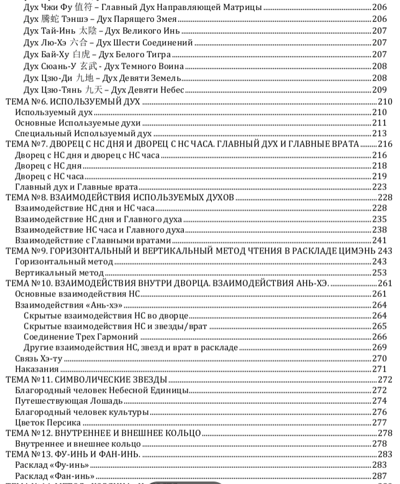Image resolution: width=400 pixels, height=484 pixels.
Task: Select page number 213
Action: [380, 134]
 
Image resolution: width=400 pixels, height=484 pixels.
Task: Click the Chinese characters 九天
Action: [95, 89]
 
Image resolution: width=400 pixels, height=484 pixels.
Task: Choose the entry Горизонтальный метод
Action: [64, 262]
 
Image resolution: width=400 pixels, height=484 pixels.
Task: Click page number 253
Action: [380, 273]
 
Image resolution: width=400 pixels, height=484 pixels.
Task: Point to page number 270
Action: [380, 358]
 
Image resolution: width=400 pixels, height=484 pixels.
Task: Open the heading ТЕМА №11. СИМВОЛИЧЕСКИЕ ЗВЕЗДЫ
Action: [86, 380]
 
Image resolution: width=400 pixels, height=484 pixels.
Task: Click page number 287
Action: [380, 476]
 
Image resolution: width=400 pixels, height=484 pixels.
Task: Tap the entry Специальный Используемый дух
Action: [83, 134]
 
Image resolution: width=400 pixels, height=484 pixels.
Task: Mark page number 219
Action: [380, 176]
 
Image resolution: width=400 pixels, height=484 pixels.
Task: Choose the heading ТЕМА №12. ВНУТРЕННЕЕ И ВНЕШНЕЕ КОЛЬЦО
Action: [103, 433]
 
